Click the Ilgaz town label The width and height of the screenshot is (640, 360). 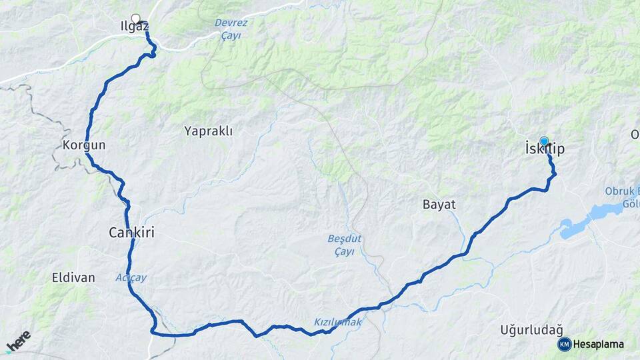pos(129,28)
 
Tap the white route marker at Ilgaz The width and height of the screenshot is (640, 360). pos(136,19)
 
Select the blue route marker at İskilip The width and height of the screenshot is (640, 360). pos(545,141)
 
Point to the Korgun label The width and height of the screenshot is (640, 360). pos(83,145)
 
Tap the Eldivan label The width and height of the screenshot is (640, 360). pos(73,277)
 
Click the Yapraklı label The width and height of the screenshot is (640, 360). pos(208,131)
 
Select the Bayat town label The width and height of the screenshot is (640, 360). pos(439,204)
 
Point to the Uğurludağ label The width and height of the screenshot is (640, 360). pos(531,329)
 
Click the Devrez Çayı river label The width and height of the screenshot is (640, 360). pos(230,29)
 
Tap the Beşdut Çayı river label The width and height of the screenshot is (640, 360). pos(344,245)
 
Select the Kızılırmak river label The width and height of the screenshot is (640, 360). pos(337,322)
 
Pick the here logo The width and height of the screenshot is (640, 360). pos(18,341)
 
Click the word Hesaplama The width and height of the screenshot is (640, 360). pos(598,344)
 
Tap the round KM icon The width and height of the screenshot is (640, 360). pos(564,344)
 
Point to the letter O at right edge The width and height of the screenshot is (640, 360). pos(635,135)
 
